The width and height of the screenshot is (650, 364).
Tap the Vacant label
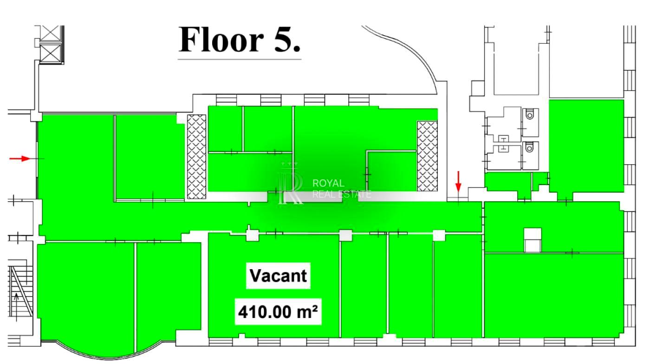click(x=278, y=275)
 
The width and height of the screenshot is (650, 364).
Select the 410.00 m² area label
click(x=278, y=312)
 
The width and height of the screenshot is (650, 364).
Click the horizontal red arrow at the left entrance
click(x=19, y=159)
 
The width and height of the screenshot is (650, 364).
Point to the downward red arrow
click(x=458, y=182)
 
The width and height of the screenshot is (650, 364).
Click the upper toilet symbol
click(x=530, y=114)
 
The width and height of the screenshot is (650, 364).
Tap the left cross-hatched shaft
click(x=196, y=157)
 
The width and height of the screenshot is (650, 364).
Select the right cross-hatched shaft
click(x=427, y=156)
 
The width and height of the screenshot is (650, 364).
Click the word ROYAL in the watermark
click(x=328, y=183)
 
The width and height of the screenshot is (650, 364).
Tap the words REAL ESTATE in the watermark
click(x=342, y=194)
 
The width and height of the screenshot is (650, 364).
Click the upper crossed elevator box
click(x=50, y=33)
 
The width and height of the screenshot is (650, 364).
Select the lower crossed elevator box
click(x=50, y=53)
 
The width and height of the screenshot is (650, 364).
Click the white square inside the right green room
click(x=533, y=240)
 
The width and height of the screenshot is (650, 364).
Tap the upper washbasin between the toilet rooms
click(x=503, y=139)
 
